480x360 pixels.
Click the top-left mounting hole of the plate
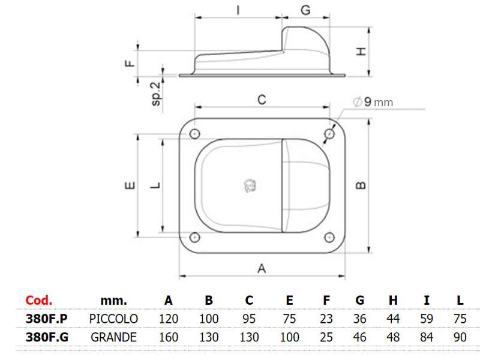[x=194, y=134]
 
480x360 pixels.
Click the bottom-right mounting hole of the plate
[x=329, y=237]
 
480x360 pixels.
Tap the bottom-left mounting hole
[x=194, y=237]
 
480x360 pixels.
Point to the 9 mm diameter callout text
[x=373, y=102]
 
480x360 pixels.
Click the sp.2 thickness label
[x=156, y=94]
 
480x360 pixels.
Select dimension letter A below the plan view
[x=262, y=268]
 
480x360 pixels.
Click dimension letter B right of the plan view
[x=361, y=185]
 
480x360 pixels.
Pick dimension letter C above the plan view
[x=262, y=100]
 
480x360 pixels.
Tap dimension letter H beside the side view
[x=362, y=51]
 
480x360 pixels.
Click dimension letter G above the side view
[x=305, y=10]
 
